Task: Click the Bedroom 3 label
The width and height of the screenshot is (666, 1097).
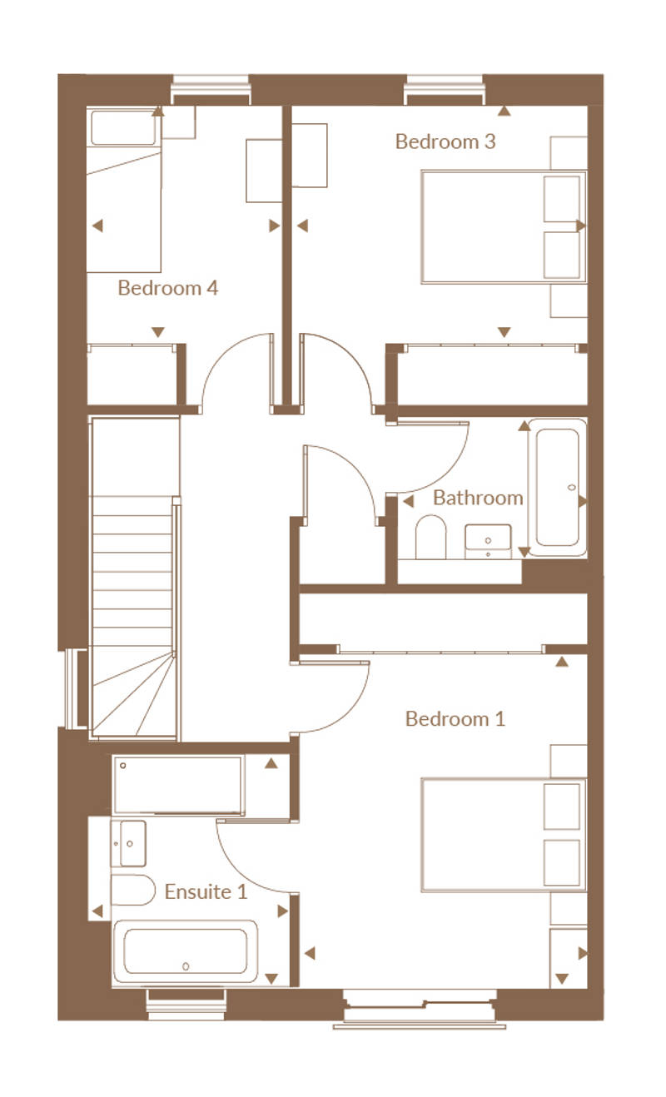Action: coord(445,141)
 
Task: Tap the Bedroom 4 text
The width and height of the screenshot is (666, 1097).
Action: coord(167,288)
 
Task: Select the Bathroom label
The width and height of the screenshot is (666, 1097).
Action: coord(478,498)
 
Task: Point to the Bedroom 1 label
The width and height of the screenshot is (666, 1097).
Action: coord(455,719)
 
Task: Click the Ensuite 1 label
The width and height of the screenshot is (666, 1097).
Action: coord(206,891)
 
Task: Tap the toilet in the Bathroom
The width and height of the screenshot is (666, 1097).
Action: coord(431,537)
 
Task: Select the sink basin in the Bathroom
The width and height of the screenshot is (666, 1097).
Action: coord(488,542)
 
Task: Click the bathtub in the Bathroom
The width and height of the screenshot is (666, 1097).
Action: coord(557,487)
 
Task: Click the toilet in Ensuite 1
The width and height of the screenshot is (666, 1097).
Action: coord(132,890)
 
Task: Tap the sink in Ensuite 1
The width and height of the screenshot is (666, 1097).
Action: coord(129,843)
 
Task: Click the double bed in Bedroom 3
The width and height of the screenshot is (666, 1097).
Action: coord(504,226)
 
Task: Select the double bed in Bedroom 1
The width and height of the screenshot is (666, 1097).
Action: coord(504,836)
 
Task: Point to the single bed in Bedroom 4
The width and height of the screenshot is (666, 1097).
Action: coord(124,190)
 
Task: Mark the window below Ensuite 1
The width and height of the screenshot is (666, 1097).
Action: coord(187,1004)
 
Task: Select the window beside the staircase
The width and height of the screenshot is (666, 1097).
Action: coord(76,689)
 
